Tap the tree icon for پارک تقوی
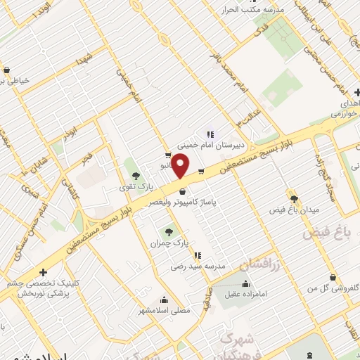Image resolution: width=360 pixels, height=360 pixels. click(x=136, y=176)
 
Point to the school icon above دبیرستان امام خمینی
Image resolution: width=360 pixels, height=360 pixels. click(x=209, y=134)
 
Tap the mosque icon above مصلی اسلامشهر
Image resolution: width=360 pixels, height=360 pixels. click(x=164, y=299)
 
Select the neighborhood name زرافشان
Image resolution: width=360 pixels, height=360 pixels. click(x=259, y=265)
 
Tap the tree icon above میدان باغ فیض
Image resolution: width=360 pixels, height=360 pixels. click(x=294, y=199)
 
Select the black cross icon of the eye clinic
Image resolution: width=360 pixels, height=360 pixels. click(x=44, y=271)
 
